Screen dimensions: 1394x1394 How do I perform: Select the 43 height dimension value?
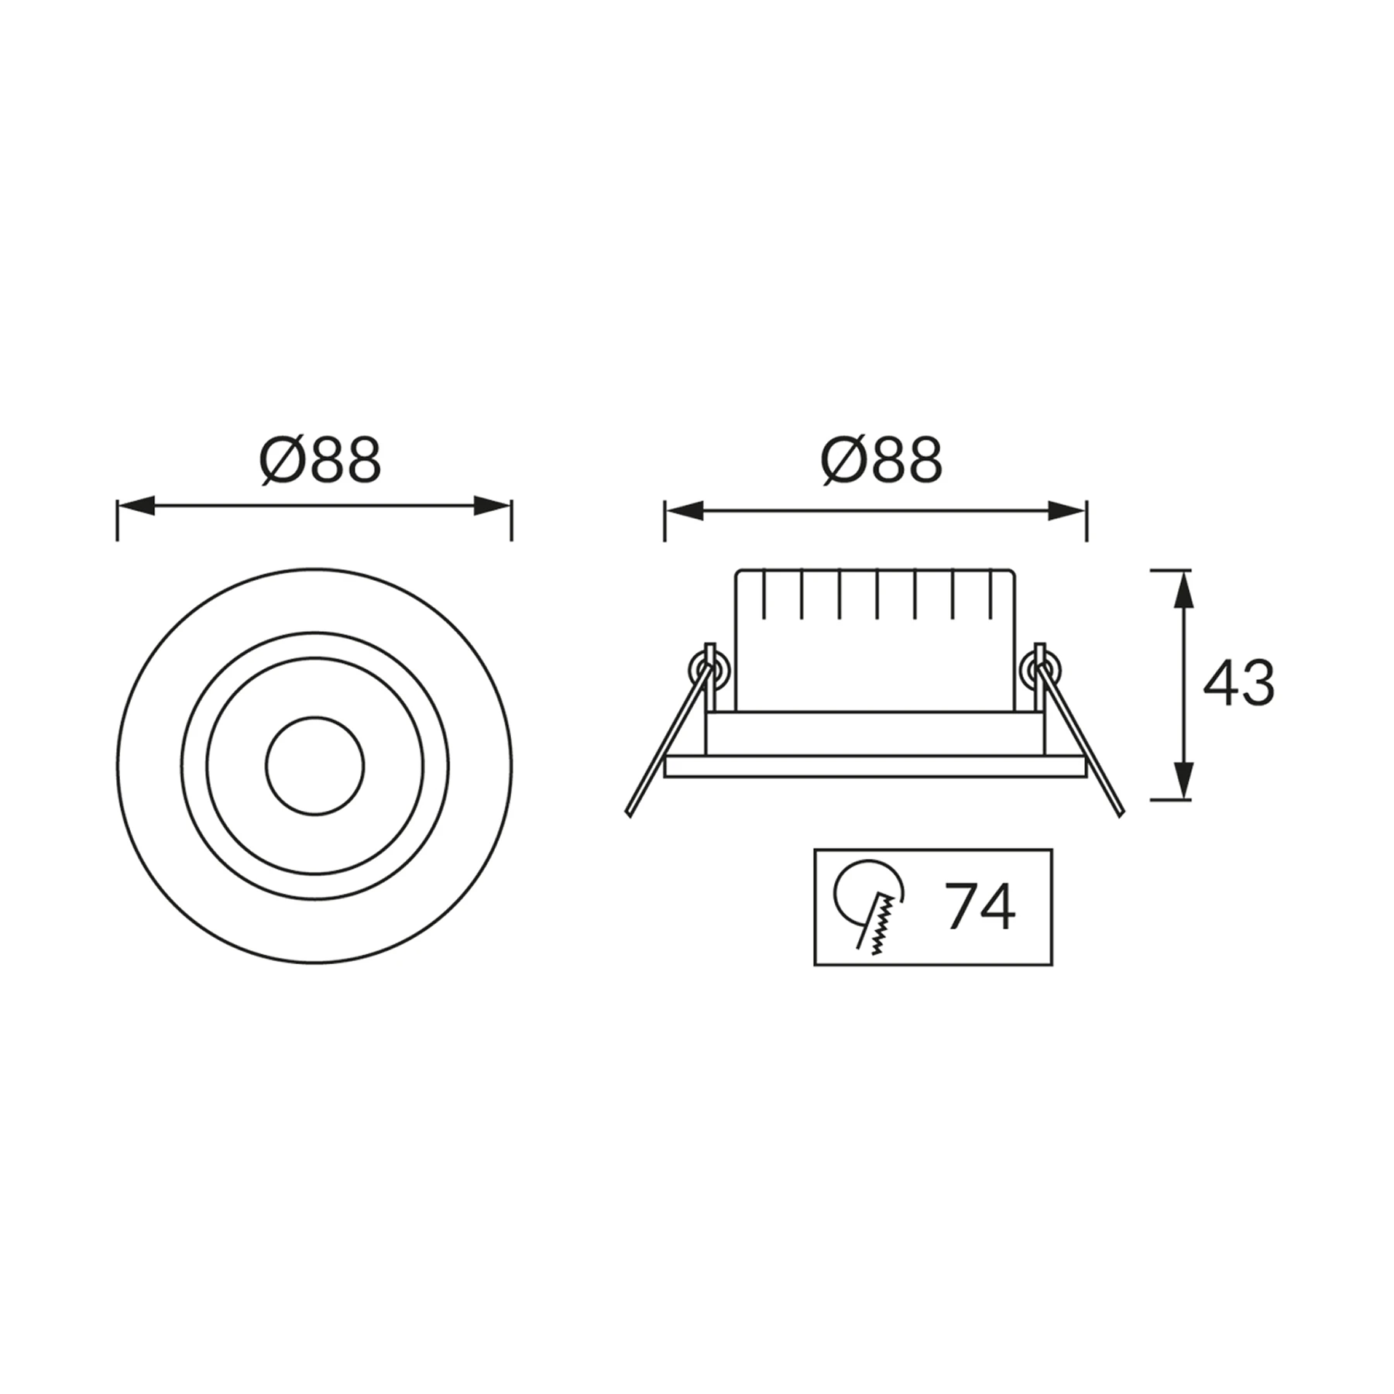(1238, 683)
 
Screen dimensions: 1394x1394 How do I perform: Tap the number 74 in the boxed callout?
(980, 906)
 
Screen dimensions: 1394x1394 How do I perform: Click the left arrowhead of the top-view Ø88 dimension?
(136, 506)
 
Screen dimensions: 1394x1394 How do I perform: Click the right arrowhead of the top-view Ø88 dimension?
(493, 506)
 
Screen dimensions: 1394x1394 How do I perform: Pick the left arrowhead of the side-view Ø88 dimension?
(684, 510)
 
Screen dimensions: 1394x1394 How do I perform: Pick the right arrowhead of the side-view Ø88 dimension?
(1067, 510)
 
